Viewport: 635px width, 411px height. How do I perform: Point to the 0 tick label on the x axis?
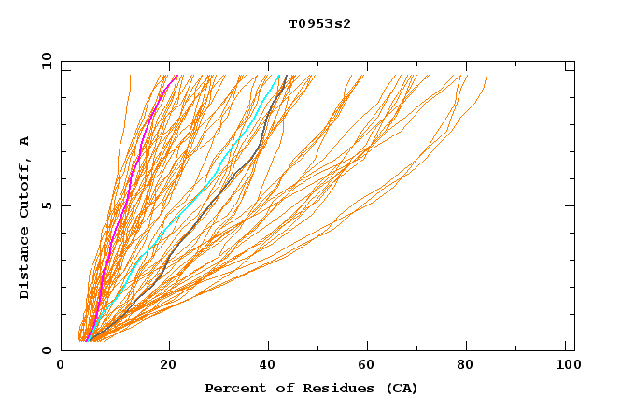61,365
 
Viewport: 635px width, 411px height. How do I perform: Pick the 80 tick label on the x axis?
466,365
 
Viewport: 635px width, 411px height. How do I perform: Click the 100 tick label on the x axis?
564,365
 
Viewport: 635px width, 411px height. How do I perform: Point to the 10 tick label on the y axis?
46,61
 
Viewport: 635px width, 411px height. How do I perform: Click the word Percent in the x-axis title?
233,388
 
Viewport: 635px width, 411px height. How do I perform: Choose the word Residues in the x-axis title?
329,388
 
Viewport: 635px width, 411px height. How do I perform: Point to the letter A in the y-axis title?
25,141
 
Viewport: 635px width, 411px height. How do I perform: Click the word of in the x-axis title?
279,388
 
